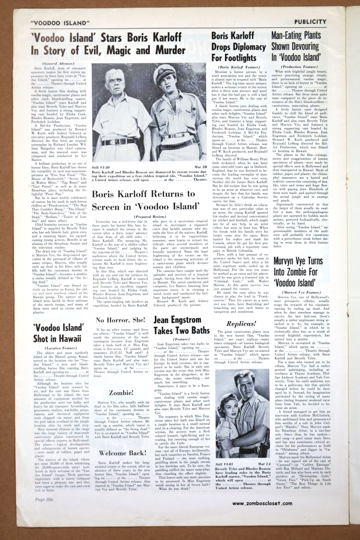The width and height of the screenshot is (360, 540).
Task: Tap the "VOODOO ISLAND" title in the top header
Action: point(58,23)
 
